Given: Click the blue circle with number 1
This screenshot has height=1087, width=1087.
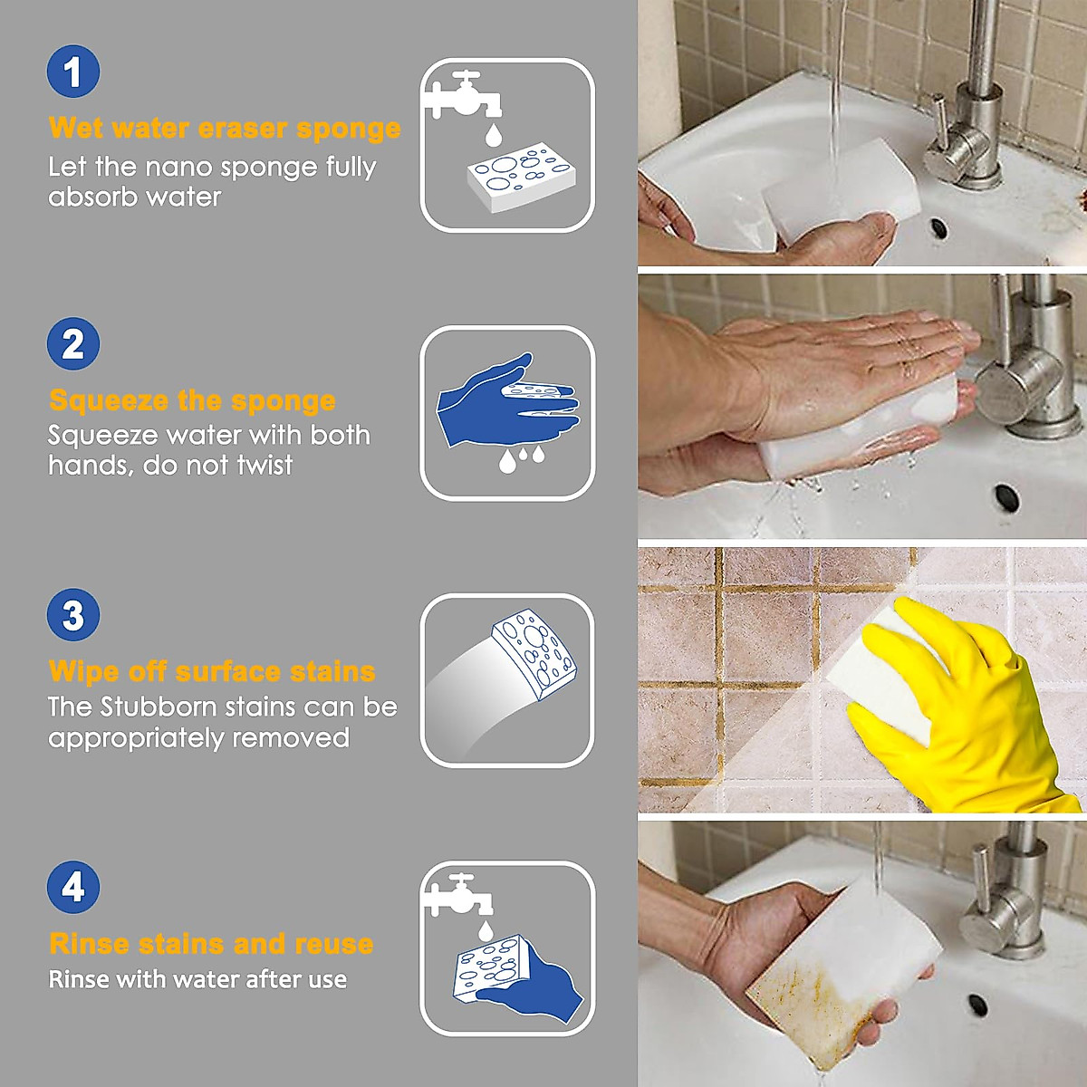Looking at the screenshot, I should [x=73, y=72].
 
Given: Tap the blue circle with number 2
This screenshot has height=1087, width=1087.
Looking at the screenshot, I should [x=73, y=344].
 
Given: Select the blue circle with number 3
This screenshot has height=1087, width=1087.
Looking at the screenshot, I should [x=73, y=615].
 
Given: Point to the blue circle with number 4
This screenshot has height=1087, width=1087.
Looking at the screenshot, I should [x=73, y=887].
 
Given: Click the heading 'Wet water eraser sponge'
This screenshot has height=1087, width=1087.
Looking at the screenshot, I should [x=225, y=129].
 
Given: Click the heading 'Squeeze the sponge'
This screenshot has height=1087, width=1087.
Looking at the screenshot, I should [x=192, y=400].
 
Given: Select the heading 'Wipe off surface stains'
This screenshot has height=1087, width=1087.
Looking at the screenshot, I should [x=212, y=671].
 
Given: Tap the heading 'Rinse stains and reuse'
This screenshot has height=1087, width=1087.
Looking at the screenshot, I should [x=211, y=944].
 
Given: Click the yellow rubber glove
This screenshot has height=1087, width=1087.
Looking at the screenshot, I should [x=960, y=707].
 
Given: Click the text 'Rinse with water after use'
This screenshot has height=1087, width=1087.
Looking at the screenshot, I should [x=197, y=980].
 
